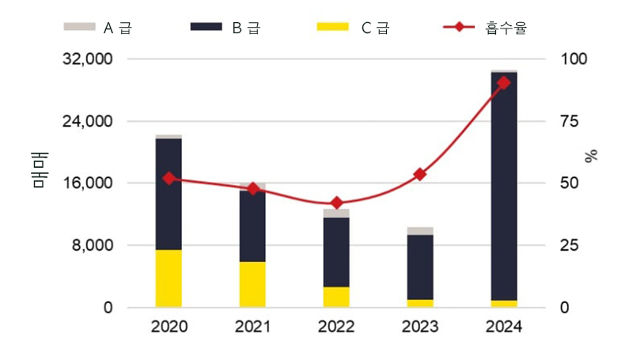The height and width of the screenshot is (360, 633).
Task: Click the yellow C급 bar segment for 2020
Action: click(x=169, y=278)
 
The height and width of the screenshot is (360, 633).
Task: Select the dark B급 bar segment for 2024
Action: click(x=504, y=186)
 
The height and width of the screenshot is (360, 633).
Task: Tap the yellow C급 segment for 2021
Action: click(x=252, y=283)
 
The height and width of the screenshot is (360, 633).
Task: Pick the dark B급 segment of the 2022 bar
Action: click(x=336, y=252)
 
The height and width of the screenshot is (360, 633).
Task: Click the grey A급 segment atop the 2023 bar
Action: click(x=420, y=231)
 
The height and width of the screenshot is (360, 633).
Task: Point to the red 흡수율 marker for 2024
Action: click(x=504, y=82)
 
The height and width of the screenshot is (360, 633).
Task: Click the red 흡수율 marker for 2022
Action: click(x=336, y=203)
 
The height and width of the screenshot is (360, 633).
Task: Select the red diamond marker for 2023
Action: click(x=420, y=174)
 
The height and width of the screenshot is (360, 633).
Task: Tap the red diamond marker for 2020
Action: click(x=169, y=178)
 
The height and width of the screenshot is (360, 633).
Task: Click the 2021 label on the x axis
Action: click(x=252, y=327)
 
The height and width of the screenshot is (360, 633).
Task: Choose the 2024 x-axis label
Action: click(x=504, y=327)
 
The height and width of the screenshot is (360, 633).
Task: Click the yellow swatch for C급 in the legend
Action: click(x=332, y=27)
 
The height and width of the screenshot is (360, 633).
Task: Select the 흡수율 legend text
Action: click(x=507, y=28)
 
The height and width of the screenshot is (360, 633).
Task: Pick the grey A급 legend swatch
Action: click(x=78, y=27)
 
